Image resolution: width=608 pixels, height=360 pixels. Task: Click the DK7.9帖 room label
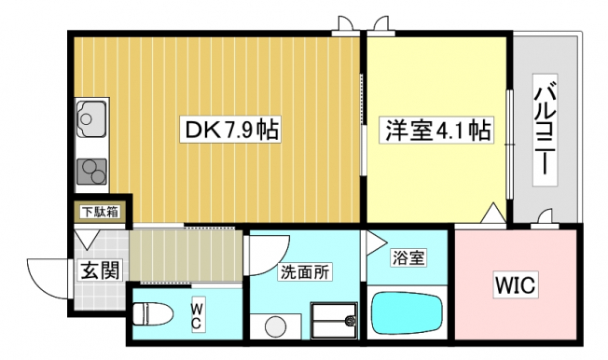click(x=230, y=130)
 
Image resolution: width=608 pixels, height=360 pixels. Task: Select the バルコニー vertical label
click(x=546, y=130)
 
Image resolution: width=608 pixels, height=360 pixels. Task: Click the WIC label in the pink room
click(x=516, y=284)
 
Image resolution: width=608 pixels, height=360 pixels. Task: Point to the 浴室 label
click(x=409, y=258)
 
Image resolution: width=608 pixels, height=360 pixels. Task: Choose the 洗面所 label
click(x=306, y=272)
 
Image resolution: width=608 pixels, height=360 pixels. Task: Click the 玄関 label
click(x=100, y=270)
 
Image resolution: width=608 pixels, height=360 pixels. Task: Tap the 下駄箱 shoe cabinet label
click(x=101, y=213)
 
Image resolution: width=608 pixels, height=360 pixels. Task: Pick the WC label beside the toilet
click(x=197, y=316)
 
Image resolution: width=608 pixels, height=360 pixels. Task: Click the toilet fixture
click(x=153, y=314)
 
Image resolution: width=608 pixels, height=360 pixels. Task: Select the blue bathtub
click(x=408, y=312)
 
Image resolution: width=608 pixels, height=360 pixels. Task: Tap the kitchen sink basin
click(x=91, y=119)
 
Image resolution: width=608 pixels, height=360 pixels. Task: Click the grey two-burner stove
click(x=92, y=172)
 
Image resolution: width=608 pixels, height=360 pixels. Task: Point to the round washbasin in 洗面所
click(x=277, y=327)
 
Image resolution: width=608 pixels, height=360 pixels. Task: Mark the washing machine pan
click(x=334, y=320)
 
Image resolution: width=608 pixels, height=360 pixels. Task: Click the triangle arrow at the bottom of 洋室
click(x=493, y=213)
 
